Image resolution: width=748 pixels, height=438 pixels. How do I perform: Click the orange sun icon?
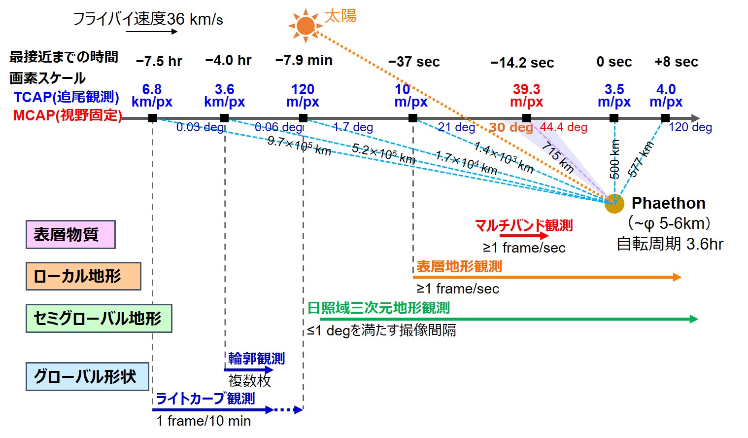tap(306, 25)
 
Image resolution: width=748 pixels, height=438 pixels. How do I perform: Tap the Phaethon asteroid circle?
tap(614, 203)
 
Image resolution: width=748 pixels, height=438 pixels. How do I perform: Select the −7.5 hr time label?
tap(159, 62)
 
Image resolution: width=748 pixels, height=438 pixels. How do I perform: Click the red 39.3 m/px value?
tap(526, 96)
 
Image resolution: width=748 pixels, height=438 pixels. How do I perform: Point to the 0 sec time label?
tap(614, 62)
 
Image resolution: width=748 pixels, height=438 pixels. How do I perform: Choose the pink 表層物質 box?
tap(70, 235)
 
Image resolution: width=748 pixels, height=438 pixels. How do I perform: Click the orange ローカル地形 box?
tap(83, 276)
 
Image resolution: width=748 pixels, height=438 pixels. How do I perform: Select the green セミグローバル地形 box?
tap(99, 318)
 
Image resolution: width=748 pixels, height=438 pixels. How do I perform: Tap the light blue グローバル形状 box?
tap(87, 377)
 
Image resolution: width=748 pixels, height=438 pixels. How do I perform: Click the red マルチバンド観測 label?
tap(523, 226)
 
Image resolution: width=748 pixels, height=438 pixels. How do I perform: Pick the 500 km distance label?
tap(614, 159)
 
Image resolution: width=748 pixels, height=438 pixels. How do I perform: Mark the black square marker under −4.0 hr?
tap(224, 118)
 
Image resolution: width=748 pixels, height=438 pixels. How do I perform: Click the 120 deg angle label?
tap(690, 127)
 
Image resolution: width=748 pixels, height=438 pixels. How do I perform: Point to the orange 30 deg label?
tap(511, 127)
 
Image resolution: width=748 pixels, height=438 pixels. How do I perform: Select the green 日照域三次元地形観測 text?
tap(378, 308)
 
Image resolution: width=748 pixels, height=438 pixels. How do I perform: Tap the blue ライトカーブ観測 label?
tap(205, 399)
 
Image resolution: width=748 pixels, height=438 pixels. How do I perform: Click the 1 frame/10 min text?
tap(204, 421)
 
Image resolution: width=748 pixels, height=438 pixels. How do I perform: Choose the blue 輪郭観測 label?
tap(256, 359)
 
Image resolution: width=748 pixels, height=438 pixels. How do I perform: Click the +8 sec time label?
tap(676, 62)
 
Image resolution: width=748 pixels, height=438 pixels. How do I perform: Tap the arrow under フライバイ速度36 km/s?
tap(151, 32)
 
